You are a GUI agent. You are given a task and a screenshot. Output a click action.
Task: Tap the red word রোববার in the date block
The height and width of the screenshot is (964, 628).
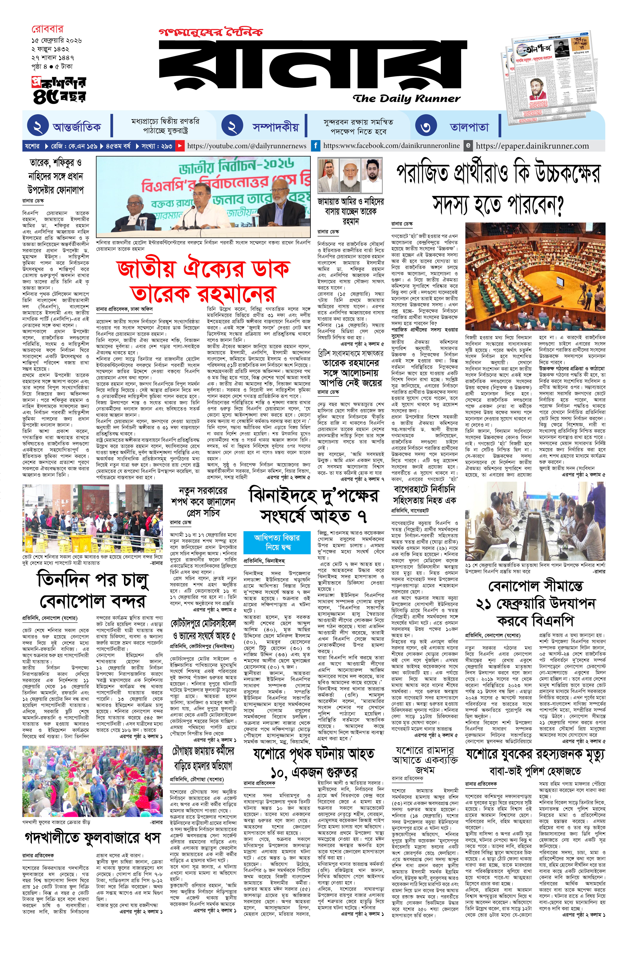(47, 29)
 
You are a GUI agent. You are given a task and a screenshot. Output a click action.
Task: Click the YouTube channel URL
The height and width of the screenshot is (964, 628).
(247, 146)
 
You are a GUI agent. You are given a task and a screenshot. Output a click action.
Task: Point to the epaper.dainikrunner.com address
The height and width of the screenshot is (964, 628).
(532, 146)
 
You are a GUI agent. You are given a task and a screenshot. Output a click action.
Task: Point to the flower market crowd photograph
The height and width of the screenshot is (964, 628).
(93, 781)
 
